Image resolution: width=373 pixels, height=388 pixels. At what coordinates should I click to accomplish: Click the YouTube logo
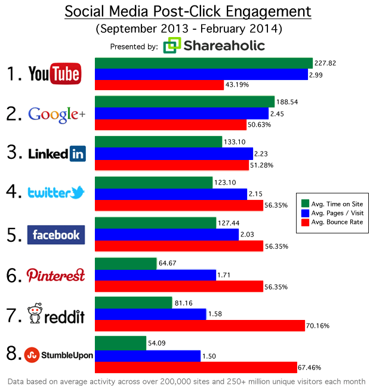click(54, 74)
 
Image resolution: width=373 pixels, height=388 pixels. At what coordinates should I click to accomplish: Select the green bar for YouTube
click(204, 63)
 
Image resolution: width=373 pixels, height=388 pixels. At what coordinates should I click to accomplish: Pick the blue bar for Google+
click(181, 113)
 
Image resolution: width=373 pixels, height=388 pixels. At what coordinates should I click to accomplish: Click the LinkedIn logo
click(57, 153)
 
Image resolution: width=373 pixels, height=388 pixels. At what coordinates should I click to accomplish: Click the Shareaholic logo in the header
click(214, 46)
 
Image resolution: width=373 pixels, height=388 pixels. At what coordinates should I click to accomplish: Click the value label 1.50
click(212, 356)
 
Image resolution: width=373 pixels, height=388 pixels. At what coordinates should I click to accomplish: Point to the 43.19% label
click(239, 85)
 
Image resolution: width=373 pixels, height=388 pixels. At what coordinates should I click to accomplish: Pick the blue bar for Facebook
click(167, 234)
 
